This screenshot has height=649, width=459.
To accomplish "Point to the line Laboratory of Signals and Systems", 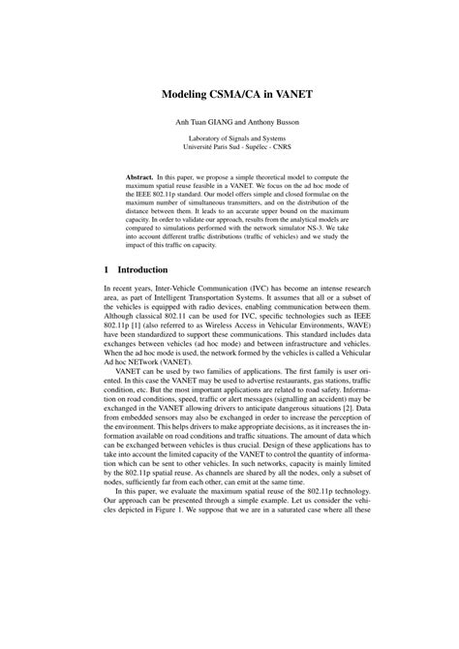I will point(229,139).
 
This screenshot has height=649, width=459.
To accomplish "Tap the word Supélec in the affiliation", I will point(254,149).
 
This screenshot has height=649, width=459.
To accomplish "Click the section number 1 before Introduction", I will point(106,269).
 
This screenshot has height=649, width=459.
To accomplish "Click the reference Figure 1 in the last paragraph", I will point(220,611).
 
